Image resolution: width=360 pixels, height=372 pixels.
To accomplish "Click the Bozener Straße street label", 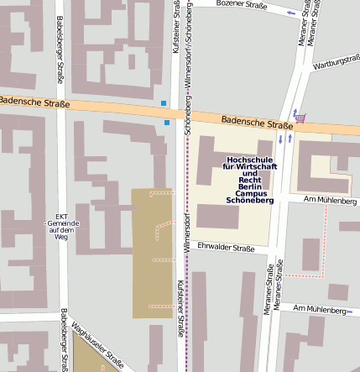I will point(241,5).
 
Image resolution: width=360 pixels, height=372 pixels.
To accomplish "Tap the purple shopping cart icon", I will point(300,118).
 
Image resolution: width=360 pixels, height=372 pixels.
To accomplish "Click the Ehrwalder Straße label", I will point(225,248).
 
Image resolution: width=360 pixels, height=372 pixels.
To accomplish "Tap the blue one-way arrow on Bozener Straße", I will point(291,13).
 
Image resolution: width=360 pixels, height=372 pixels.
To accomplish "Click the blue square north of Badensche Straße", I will point(163,103).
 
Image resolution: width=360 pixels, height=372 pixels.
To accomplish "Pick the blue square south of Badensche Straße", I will point(167,123).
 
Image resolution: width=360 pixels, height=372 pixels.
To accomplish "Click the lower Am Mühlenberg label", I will point(320,310).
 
